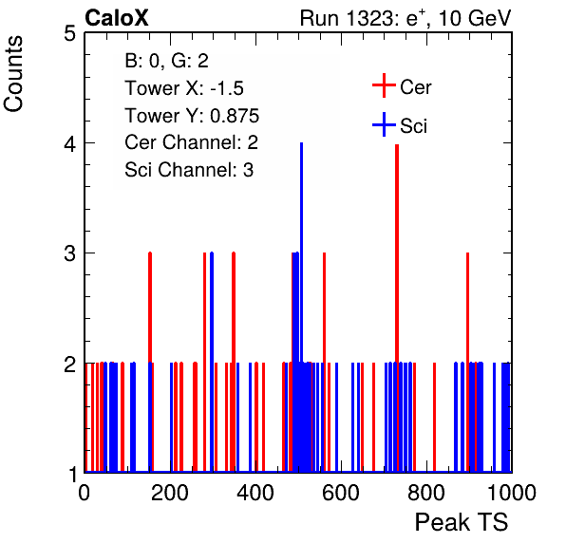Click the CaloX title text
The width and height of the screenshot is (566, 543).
pyautogui.click(x=117, y=18)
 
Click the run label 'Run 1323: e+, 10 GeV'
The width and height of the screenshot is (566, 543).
pyautogui.click(x=406, y=18)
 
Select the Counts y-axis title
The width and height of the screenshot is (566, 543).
pyautogui.click(x=13, y=74)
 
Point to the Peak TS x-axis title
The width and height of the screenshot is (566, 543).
pyautogui.click(x=462, y=522)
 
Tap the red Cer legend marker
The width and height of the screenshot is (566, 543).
pyautogui.click(x=384, y=85)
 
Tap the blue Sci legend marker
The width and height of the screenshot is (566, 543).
pyautogui.click(x=384, y=125)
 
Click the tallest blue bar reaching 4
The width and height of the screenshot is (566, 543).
pyautogui.click(x=301, y=308)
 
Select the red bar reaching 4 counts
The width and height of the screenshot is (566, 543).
pyautogui.click(x=397, y=308)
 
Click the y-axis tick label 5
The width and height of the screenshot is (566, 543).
pyautogui.click(x=69, y=34)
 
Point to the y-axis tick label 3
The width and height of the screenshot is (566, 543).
pyautogui.click(x=69, y=253)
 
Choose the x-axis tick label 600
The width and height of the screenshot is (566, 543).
pyautogui.click(x=341, y=494)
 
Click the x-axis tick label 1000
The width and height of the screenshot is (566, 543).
pyautogui.click(x=512, y=494)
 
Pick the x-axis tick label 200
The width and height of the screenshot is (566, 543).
pyautogui.click(x=170, y=494)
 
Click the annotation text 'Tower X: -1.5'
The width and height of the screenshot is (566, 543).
pyautogui.click(x=184, y=88)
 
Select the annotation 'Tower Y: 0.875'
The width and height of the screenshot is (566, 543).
pyautogui.click(x=192, y=116)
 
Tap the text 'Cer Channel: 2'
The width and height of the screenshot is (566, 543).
pyautogui.click(x=191, y=142)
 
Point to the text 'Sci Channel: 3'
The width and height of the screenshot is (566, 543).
pyautogui.click(x=189, y=170)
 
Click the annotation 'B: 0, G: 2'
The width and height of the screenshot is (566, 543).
pyautogui.click(x=167, y=62)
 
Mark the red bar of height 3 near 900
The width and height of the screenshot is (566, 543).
pyautogui.click(x=467, y=362)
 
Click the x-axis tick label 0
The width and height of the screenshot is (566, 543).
pyautogui.click(x=85, y=494)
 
